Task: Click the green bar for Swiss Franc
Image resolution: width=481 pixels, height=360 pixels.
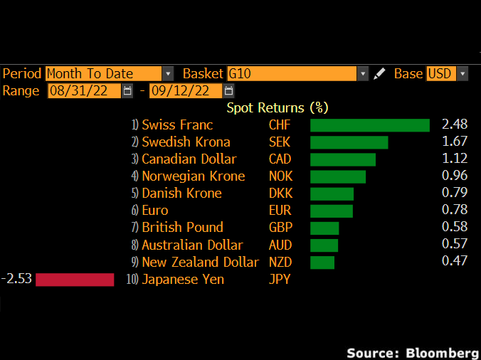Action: (x=370, y=125)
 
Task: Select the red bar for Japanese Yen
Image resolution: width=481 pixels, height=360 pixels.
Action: (x=75, y=280)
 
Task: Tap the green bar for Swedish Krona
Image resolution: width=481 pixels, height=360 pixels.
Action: (x=349, y=142)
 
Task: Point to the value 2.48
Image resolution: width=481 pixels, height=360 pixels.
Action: (x=455, y=125)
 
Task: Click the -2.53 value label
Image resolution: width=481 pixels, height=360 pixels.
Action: (x=17, y=278)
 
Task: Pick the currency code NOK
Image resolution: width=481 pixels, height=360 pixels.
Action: (x=280, y=176)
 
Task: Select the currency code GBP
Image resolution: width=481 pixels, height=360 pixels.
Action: (x=280, y=228)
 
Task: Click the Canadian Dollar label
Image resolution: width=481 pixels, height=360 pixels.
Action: (x=189, y=159)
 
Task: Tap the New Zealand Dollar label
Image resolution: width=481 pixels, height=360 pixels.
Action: (x=201, y=262)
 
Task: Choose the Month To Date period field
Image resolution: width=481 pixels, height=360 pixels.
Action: (x=104, y=73)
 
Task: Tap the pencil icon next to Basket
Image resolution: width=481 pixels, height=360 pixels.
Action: (x=380, y=73)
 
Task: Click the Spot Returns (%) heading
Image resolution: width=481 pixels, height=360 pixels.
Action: (x=277, y=107)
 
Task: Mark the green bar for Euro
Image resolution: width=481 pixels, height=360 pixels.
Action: (x=332, y=211)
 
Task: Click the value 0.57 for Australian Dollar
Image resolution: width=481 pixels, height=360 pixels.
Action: (x=455, y=245)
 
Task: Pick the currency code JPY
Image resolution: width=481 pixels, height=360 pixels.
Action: (x=279, y=279)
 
